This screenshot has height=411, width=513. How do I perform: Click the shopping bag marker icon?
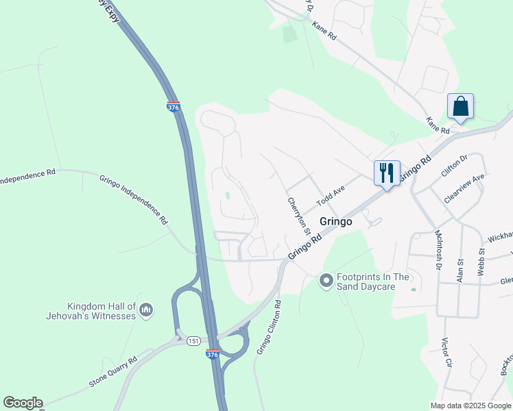(460, 107)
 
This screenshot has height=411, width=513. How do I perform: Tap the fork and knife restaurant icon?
(387, 173)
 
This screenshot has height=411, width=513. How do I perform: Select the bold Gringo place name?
(336, 222)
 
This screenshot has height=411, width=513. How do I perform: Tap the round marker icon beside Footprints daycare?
(326, 280)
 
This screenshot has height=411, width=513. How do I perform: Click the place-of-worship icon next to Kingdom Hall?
(145, 312)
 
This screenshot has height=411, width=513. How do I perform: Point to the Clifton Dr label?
(454, 166)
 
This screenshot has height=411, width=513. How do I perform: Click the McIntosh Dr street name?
(438, 250)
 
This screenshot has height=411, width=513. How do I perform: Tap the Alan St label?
(460, 265)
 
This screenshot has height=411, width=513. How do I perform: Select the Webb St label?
(481, 263)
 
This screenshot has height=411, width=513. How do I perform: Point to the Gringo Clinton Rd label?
(270, 327)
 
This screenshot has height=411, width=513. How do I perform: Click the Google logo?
(23, 403)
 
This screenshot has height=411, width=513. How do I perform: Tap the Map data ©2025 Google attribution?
(470, 405)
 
